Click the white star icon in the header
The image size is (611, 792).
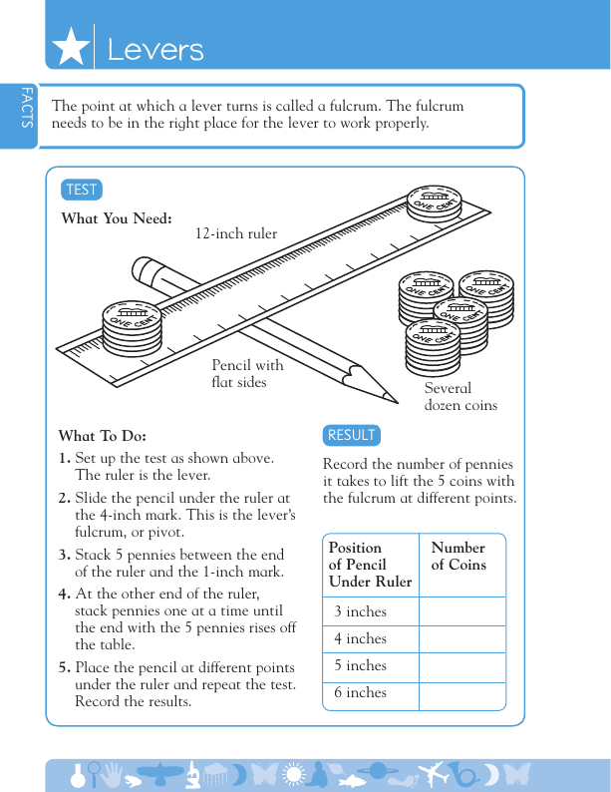click(x=70, y=47)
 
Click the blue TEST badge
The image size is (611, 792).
click(x=82, y=190)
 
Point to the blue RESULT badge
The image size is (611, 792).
click(x=352, y=435)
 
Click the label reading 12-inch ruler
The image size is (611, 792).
click(x=235, y=234)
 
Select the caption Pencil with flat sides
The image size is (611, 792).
click(x=247, y=374)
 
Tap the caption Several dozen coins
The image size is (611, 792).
click(x=459, y=396)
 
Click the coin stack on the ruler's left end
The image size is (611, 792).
click(x=132, y=327)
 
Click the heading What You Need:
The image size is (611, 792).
click(x=117, y=218)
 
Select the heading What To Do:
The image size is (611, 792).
click(x=103, y=436)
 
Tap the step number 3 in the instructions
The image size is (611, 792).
click(x=64, y=555)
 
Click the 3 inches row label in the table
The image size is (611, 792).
click(x=360, y=611)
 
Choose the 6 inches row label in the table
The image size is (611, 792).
click(x=360, y=692)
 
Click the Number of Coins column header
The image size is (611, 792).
click(x=458, y=556)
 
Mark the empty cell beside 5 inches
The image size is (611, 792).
click(x=461, y=665)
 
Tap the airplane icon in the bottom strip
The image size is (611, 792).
click(x=435, y=774)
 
